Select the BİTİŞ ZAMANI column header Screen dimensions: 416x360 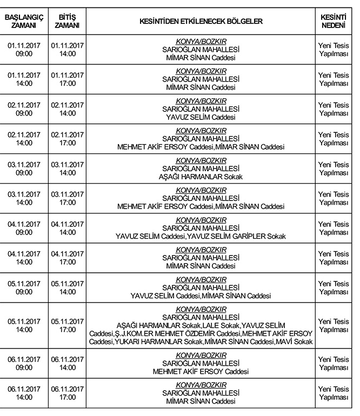click(67, 21)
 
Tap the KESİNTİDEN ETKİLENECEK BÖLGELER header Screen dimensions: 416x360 click(201, 21)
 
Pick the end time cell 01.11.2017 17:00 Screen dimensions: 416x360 click(67, 79)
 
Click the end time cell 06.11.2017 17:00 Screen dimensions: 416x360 click(67, 393)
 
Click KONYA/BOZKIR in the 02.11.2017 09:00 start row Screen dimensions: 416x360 click(201, 100)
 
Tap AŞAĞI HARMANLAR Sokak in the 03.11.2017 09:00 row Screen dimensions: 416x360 click(201, 177)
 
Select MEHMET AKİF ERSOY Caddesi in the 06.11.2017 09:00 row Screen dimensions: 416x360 click(201, 372)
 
